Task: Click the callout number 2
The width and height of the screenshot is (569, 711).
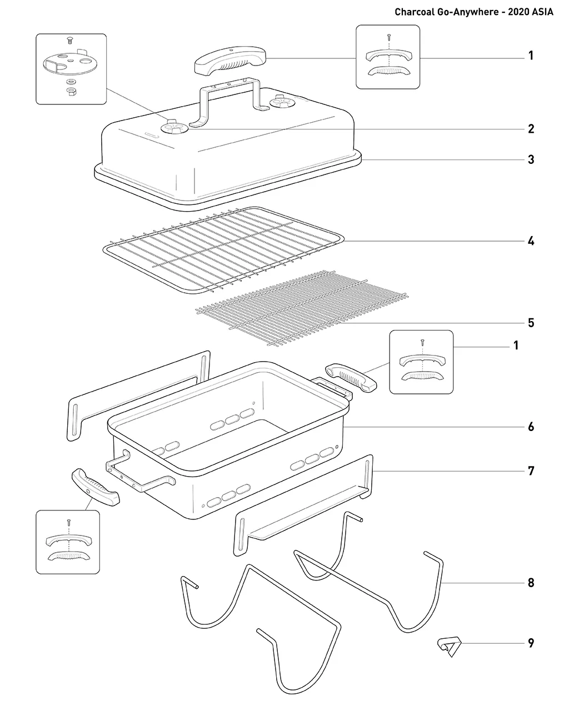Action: pos(531,128)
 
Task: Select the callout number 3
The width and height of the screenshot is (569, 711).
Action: pos(531,159)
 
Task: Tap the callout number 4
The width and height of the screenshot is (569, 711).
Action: pos(531,241)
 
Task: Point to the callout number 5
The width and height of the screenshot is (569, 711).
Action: pos(531,323)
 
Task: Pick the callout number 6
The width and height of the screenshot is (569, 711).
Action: pos(531,427)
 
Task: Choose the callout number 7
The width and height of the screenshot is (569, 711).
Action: pos(531,471)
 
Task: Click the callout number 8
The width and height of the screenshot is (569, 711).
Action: pos(531,583)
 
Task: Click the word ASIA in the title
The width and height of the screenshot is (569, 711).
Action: pos(542,12)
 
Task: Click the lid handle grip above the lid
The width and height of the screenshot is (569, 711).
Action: pos(230,61)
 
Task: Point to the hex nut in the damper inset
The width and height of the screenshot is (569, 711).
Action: pos(70,91)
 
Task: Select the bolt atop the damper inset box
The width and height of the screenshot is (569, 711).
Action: pos(70,41)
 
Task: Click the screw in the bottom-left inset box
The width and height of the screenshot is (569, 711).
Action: pos(69,522)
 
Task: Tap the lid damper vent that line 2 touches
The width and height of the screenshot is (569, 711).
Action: pos(174,128)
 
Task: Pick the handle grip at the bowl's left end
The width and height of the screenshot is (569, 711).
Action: pos(96,487)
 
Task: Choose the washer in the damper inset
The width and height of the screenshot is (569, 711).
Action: pos(70,81)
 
